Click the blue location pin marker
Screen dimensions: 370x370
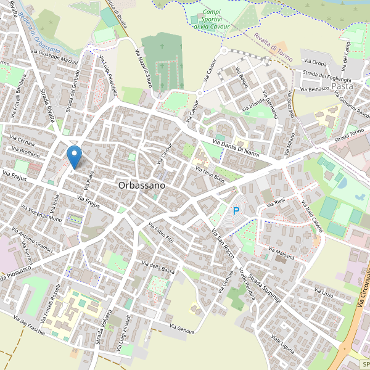coord(74,156)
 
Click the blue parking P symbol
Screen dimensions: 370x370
coord(236,212)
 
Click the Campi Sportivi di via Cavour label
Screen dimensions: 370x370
coord(211,18)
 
